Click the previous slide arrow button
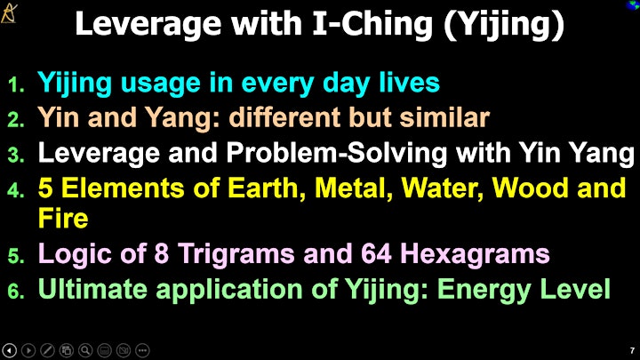9,350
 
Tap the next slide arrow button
28,350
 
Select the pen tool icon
47,350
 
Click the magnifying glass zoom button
85,350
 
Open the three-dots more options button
142,350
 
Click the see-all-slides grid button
66,350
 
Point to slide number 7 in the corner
632,350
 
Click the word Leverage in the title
148,25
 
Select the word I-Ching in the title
373,25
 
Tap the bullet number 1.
15,85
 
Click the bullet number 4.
15,190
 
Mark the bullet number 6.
15,292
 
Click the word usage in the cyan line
160,84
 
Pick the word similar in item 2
444,117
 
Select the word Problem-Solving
337,153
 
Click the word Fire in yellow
63,218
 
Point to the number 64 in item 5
376,253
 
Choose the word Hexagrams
475,255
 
